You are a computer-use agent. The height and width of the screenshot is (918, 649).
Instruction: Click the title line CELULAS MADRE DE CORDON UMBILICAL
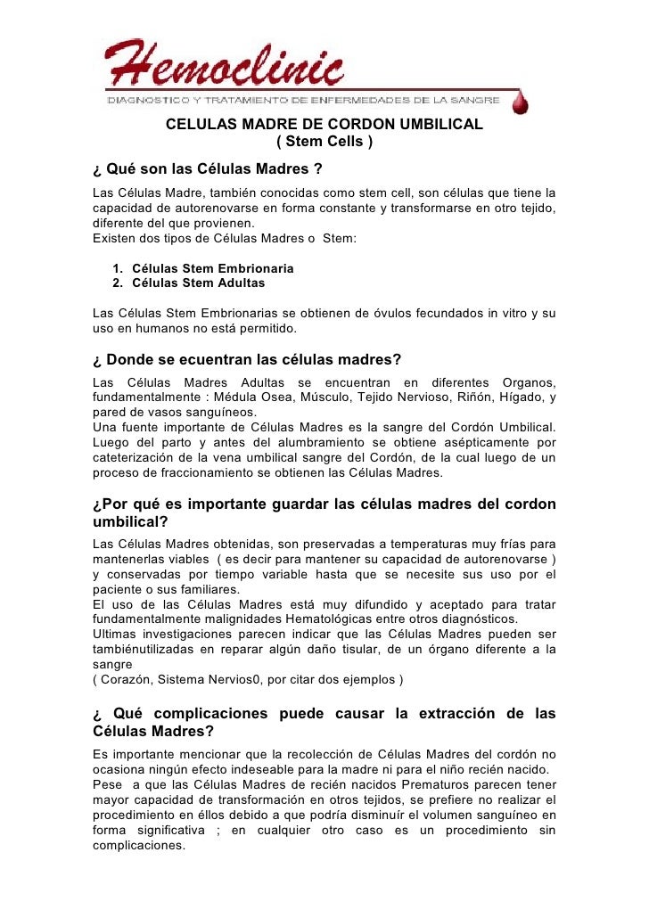click(x=324, y=125)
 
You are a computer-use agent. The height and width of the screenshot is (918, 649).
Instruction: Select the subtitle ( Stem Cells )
click(x=324, y=143)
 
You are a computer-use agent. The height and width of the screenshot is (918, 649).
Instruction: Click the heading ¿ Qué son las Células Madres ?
click(x=208, y=168)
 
